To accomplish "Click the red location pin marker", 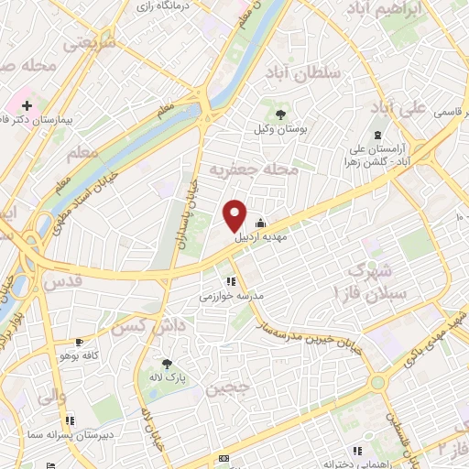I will pos(235,215).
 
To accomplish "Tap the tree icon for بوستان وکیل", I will pos(273,111).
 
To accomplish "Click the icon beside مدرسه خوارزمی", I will pos(231,281).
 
